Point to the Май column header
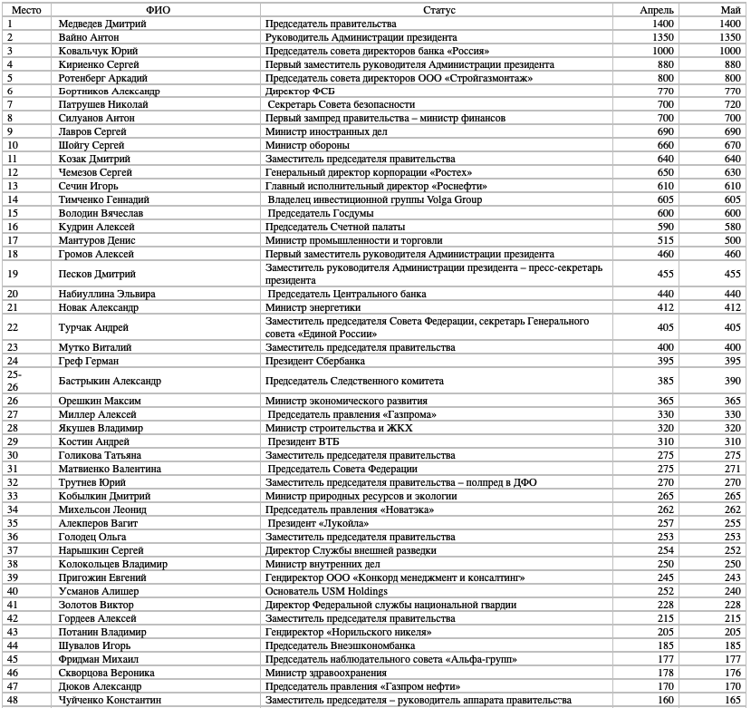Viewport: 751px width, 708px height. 730,9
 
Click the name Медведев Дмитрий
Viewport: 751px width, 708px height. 101,24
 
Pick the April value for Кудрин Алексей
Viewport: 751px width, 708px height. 661,227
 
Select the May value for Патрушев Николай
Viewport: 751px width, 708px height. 729,105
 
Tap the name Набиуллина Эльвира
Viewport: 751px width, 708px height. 106,294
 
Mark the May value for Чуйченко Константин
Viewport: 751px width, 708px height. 730,700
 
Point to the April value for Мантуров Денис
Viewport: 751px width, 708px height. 661,240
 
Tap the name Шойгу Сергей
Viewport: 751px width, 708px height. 91,145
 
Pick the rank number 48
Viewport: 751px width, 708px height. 12,700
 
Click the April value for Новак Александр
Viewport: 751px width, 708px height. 661,307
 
